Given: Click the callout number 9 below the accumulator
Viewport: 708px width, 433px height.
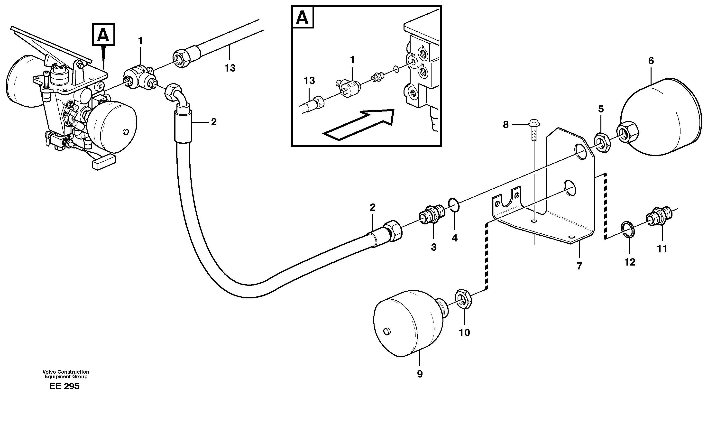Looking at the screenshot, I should click(x=420, y=374).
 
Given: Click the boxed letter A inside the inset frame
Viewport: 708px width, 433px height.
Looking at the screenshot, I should click(x=303, y=18).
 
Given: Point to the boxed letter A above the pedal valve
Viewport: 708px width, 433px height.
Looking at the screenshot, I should click(x=103, y=35).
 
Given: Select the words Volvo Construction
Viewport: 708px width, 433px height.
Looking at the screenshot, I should click(x=66, y=371).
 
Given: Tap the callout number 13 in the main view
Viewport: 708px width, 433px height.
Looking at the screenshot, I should click(x=230, y=68).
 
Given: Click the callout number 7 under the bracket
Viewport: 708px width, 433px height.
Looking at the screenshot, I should click(x=579, y=266).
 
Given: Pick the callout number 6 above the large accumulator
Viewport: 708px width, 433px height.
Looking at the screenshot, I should click(x=651, y=61).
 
